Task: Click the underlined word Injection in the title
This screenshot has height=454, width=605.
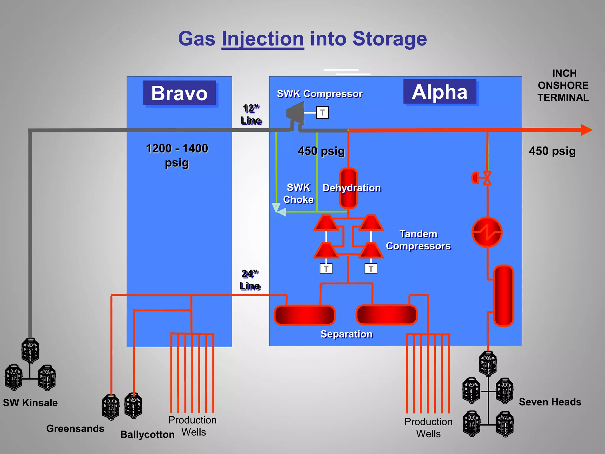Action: click(x=263, y=39)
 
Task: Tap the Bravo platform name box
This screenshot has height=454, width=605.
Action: click(x=179, y=93)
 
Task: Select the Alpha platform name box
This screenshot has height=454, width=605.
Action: click(x=440, y=92)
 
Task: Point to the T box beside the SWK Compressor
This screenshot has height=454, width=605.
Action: click(x=322, y=113)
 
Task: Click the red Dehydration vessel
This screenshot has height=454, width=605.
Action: click(x=348, y=188)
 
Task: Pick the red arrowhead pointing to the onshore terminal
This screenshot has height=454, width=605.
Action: click(x=586, y=130)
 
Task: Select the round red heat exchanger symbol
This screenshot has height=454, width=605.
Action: click(x=487, y=232)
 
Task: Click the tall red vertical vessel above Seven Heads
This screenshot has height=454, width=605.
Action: click(x=504, y=296)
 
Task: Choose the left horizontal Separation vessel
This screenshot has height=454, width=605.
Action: click(x=305, y=315)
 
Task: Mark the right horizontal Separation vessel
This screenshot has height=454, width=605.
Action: click(x=386, y=315)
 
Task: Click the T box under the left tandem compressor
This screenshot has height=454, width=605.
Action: click(x=326, y=269)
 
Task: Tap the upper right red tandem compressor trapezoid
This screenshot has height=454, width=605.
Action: click(x=371, y=223)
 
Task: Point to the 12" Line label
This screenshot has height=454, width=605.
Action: click(x=251, y=114)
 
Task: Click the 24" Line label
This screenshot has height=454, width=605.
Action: click(x=250, y=280)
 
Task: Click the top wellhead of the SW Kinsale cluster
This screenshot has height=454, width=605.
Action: click(x=30, y=351)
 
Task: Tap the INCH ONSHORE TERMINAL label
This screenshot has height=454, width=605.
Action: click(x=563, y=85)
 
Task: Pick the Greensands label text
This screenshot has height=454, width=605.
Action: click(x=75, y=428)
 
